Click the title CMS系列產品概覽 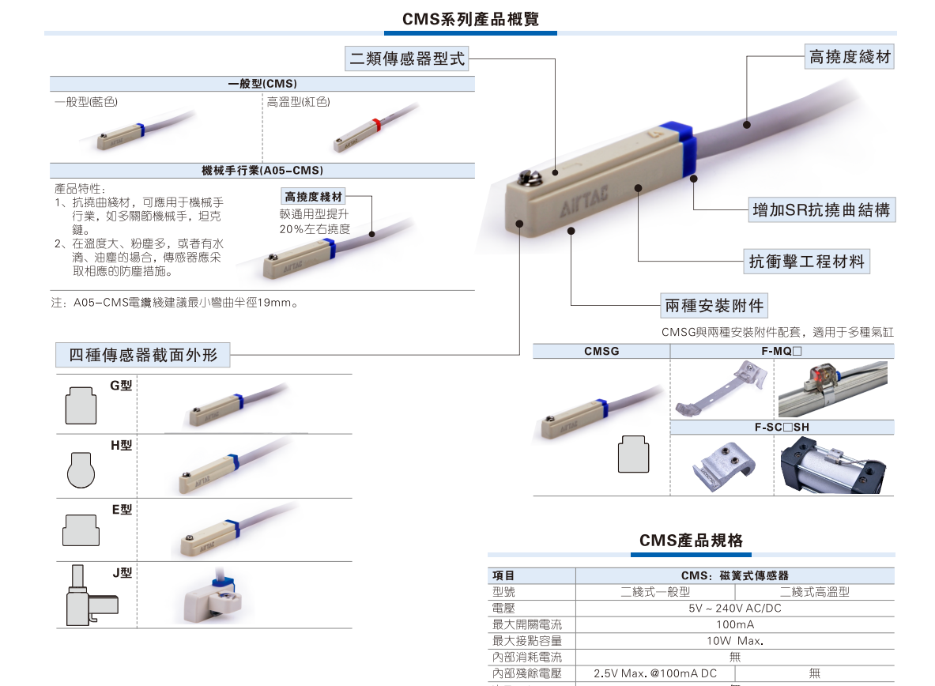pos(470,19)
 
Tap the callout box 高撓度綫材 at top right pos(849,57)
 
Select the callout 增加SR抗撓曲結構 pos(821,210)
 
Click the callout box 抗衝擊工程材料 pos(806,262)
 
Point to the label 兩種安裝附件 pos(714,305)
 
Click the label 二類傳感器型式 pos(407,58)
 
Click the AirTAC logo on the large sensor pos(584,199)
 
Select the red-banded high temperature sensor pos(375,127)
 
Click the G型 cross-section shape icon pos(81,405)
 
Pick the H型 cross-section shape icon pos(81,469)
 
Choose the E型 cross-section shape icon pos(81,530)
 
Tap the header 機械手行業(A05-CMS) pos(262,171)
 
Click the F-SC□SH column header pos(782,427)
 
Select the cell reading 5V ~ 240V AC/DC pos(735,608)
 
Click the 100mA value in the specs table pos(735,624)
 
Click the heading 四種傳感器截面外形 pos(142,355)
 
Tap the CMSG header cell pos(601,352)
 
